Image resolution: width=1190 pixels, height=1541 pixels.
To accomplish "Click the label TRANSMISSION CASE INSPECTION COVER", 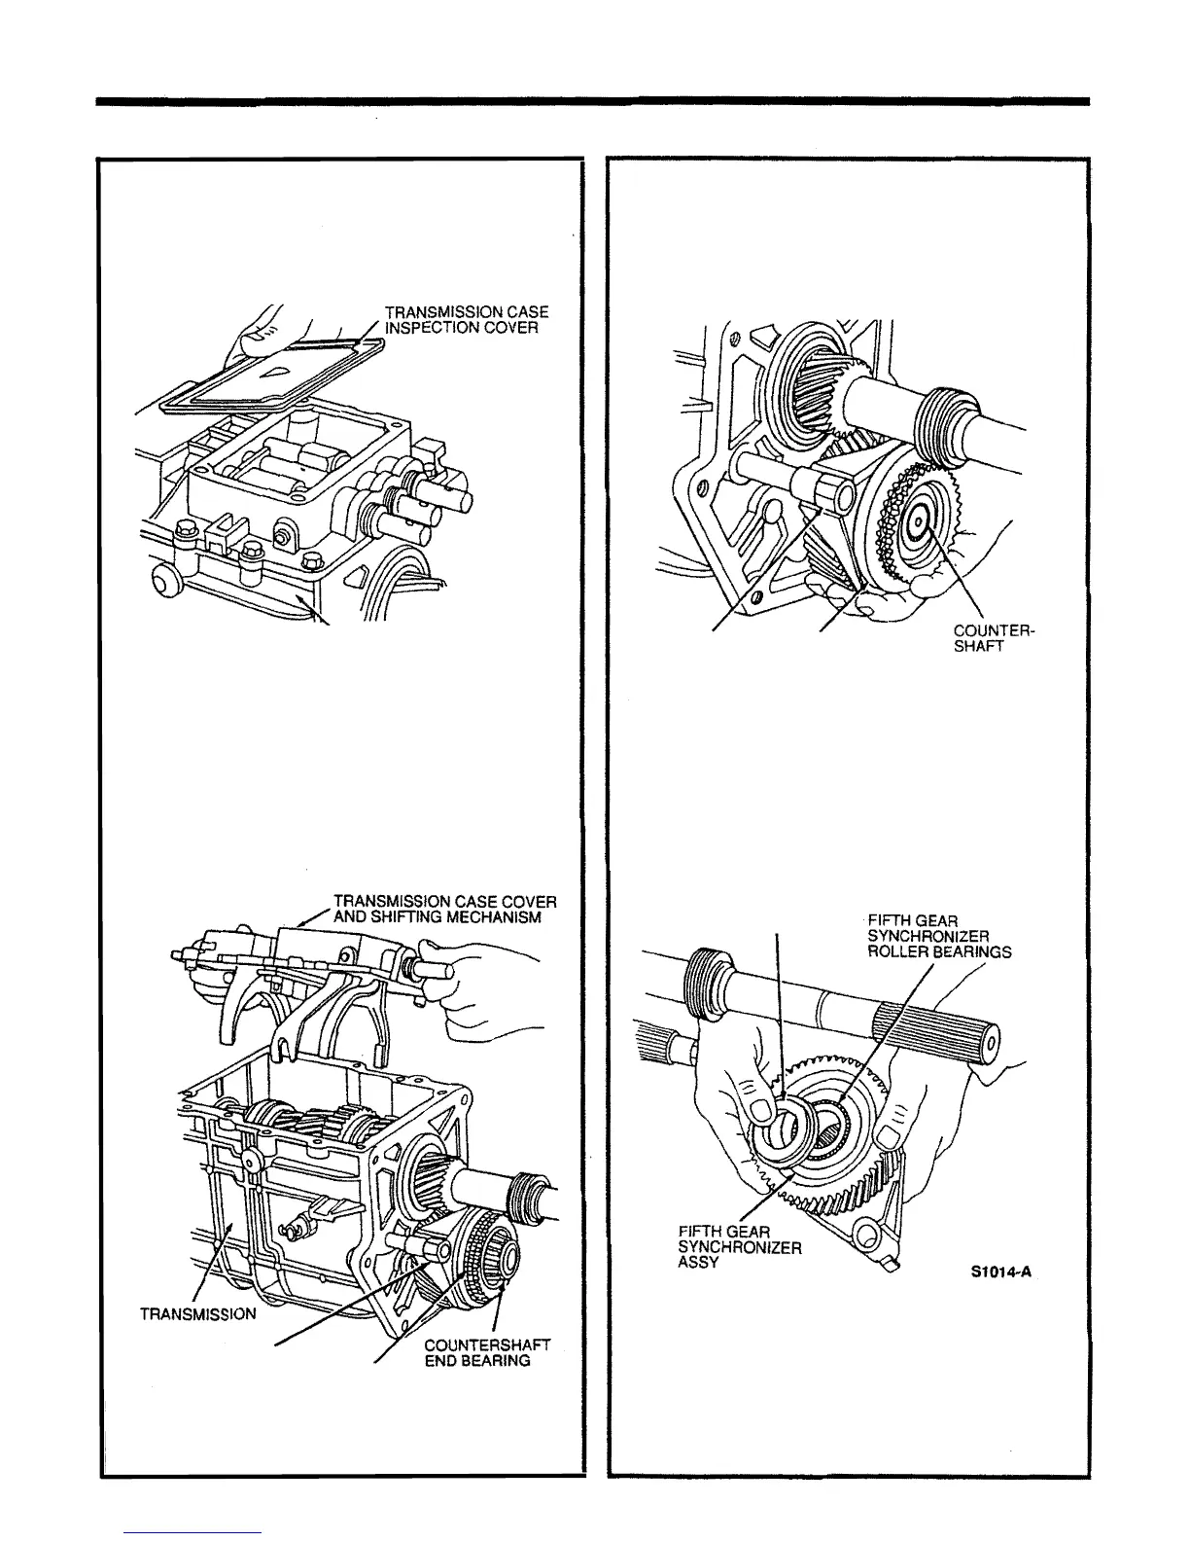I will pos(467,319).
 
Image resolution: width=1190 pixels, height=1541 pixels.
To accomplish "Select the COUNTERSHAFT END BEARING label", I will pos(487,1352).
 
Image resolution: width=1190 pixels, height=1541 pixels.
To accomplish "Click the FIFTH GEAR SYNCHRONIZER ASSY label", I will pos(740,1248).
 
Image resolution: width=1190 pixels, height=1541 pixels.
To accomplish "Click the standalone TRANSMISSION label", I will pos(198,1314).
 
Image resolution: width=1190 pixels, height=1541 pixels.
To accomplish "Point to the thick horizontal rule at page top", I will pos(594,100).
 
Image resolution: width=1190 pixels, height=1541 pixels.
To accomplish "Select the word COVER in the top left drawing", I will pos(507,327).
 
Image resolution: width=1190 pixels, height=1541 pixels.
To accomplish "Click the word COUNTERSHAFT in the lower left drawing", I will pos(487,1344).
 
